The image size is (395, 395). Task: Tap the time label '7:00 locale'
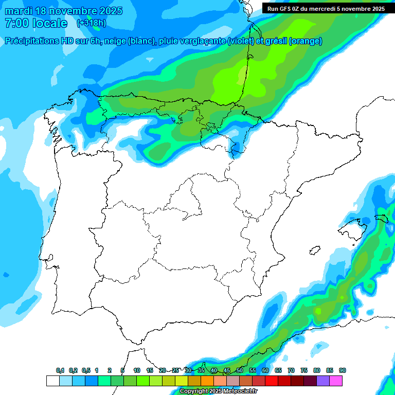click(35, 23)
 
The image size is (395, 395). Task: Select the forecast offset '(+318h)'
click(91, 23)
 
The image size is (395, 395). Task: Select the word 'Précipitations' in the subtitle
click(31, 41)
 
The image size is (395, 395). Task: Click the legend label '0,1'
click(60, 371)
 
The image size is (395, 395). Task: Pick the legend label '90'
click(343, 371)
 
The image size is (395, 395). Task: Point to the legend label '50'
click(240, 371)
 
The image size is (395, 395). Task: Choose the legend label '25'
click(175, 371)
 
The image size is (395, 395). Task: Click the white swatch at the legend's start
click(52, 381)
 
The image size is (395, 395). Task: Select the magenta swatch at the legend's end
click(336, 381)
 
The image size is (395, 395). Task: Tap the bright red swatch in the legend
click(272, 381)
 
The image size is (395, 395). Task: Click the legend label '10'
click(137, 371)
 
